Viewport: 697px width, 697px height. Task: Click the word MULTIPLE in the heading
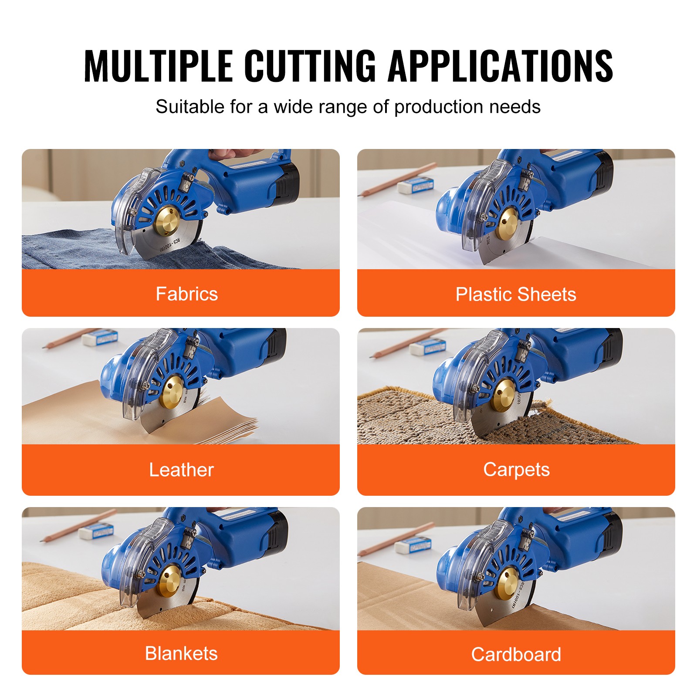point(158,66)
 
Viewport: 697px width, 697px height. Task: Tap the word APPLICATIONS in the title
point(500,66)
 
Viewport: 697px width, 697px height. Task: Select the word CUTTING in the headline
point(310,66)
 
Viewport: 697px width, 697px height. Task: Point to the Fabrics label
point(187,294)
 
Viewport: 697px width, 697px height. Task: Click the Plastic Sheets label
point(516,294)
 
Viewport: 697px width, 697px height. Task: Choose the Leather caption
point(181,470)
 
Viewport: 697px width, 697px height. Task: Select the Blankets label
point(181,653)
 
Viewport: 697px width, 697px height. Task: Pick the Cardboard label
point(516,654)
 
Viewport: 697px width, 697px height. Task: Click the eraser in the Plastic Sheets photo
point(416,185)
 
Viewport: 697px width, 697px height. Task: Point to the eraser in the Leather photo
point(99,337)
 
